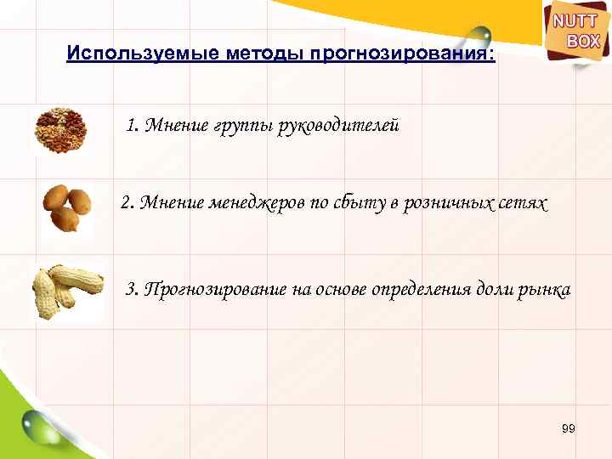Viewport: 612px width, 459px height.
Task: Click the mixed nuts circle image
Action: (x=58, y=130)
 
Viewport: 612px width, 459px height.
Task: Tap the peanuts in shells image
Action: (x=65, y=288)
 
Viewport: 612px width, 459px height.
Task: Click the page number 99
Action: (x=569, y=429)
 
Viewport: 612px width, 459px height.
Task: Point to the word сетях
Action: (x=519, y=205)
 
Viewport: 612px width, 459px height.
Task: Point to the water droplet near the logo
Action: (x=479, y=36)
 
